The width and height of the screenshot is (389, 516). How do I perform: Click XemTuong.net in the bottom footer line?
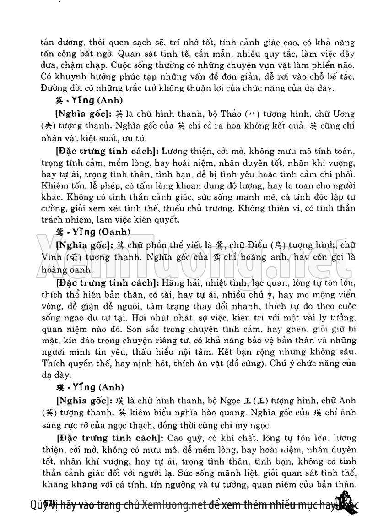click(173, 505)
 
